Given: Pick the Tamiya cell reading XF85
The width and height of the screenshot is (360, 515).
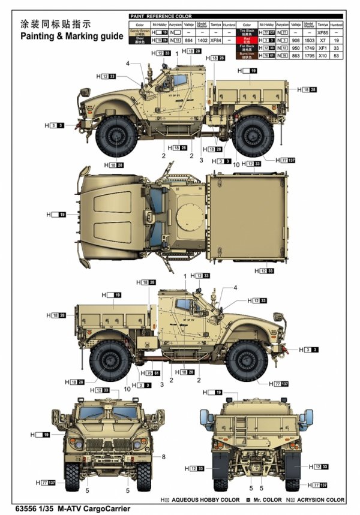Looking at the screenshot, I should point(322,31).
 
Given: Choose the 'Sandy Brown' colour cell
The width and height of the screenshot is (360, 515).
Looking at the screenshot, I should point(140,31).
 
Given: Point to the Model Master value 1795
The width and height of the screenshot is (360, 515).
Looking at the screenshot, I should point(308,55).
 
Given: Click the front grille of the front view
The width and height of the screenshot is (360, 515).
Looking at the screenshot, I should point(110,446).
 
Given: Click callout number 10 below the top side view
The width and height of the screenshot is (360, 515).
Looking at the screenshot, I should point(236,164).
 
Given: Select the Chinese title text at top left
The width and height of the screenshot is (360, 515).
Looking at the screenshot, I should point(55,25).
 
